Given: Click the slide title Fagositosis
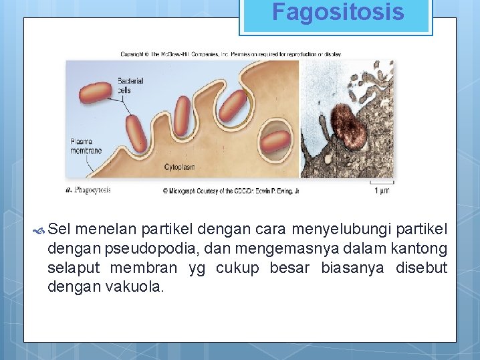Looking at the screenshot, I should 338,12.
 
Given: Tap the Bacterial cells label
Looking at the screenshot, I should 130,85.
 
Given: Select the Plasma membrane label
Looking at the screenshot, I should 86,146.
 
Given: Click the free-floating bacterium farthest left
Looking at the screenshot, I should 96,94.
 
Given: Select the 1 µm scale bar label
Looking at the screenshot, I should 382,190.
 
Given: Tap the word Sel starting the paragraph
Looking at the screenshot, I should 60,231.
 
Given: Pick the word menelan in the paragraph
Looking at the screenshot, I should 104,231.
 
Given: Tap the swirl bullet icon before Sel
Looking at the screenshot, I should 39,232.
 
